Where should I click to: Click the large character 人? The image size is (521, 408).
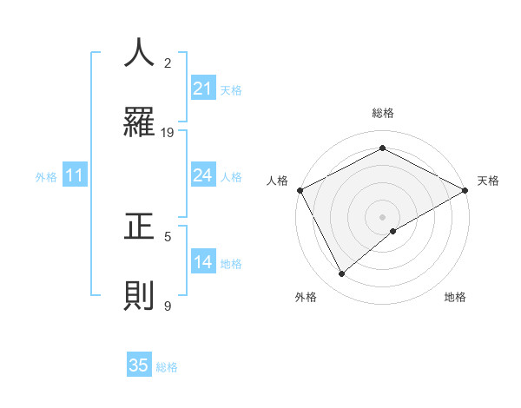(139, 53)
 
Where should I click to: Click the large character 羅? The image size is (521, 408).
(139, 122)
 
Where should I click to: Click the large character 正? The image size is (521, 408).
(139, 227)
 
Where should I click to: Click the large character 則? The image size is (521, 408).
(139, 296)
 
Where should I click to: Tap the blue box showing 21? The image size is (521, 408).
(202, 89)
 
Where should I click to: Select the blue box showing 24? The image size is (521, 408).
(202, 176)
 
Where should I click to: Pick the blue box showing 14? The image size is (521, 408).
(202, 263)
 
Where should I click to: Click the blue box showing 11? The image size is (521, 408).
(75, 176)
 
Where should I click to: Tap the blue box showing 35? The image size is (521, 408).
(139, 365)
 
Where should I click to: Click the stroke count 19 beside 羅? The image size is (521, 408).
(168, 132)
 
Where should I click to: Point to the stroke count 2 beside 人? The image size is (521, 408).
(168, 63)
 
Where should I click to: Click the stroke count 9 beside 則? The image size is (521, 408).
(168, 306)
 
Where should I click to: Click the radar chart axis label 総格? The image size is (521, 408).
(382, 113)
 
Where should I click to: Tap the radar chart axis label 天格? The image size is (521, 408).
(488, 181)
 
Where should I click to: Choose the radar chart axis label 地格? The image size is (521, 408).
(455, 297)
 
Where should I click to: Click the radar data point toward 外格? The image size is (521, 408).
(342, 273)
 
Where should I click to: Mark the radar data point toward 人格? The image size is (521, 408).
(300, 190)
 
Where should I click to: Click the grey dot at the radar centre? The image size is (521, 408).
(382, 216)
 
